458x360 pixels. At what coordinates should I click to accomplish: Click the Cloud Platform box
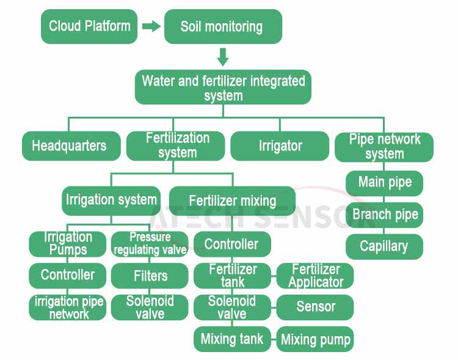[89, 26]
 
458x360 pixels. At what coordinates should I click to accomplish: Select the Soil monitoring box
[223, 26]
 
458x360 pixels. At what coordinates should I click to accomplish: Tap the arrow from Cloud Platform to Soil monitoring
[151, 26]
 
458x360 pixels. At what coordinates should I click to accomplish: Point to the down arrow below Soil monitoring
[223, 57]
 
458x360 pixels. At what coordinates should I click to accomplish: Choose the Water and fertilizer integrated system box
[223, 87]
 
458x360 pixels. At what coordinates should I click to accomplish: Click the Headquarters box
[71, 146]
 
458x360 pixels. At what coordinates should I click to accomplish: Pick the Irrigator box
[280, 146]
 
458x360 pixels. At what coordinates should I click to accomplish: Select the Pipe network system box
[384, 147]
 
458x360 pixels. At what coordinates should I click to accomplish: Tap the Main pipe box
[384, 183]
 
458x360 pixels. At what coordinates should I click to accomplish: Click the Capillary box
[384, 246]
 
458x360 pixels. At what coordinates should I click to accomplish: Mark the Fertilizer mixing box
[232, 201]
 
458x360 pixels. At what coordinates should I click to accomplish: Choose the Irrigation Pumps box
[67, 244]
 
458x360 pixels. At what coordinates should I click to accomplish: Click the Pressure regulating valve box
[150, 244]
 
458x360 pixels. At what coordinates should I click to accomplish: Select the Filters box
[150, 276]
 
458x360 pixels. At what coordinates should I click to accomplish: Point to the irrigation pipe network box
[67, 307]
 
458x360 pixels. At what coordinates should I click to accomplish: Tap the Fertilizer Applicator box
[315, 276]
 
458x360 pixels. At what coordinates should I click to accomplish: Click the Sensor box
[315, 307]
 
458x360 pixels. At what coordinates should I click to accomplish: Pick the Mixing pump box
[315, 339]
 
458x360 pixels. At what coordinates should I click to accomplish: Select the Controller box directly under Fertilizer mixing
[232, 244]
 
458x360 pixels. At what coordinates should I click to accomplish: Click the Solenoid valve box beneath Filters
[150, 307]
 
